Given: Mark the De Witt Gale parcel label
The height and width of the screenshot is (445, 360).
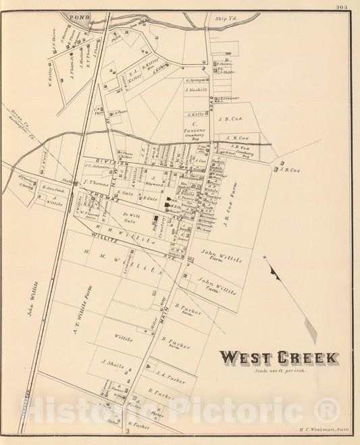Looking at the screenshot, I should click(x=129, y=217).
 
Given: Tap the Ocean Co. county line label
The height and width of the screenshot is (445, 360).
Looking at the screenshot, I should click(x=16, y=115).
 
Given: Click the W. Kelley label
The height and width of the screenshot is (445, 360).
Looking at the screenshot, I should click(x=53, y=75).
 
